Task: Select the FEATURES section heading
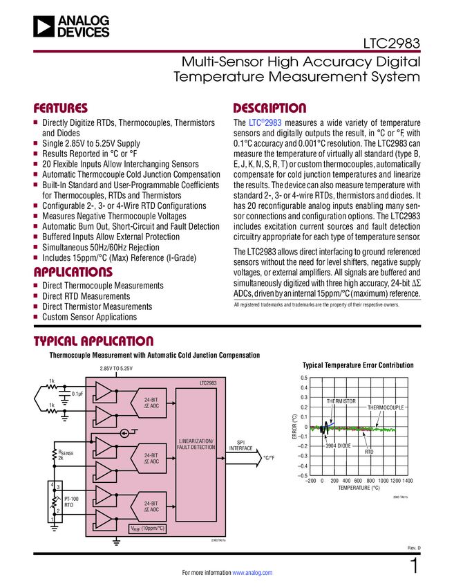tap(61, 109)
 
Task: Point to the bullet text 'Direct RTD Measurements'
tap(86, 296)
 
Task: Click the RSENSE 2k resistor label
tap(66, 454)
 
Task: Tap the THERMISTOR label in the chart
tap(341, 401)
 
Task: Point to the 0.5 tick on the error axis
tap(303, 378)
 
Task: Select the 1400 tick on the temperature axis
tap(406, 480)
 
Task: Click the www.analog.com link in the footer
tap(252, 573)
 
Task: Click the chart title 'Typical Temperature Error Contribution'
tap(358, 365)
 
